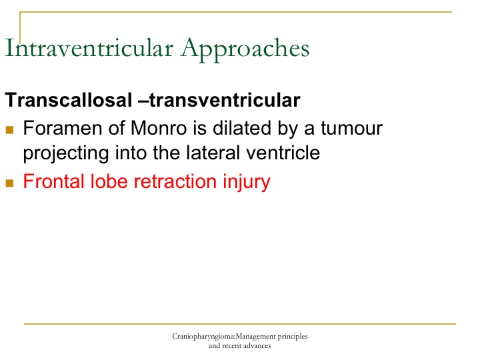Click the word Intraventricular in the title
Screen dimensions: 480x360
[89, 48]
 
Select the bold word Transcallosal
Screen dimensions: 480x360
[69, 100]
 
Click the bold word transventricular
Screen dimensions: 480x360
[225, 100]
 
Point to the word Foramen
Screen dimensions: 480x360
[63, 127]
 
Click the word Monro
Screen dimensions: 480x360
[159, 127]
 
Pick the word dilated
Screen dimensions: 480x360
[242, 127]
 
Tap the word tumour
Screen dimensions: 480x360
[352, 128]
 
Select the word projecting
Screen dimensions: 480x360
[66, 153]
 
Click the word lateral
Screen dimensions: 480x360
[213, 153]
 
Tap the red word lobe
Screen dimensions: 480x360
[109, 181]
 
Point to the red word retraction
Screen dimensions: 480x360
[175, 181]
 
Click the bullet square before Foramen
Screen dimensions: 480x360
[9, 130]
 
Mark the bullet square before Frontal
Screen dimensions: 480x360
[9, 183]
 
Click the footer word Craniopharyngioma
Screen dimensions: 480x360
[203, 337]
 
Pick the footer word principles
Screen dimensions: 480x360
[293, 337]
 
